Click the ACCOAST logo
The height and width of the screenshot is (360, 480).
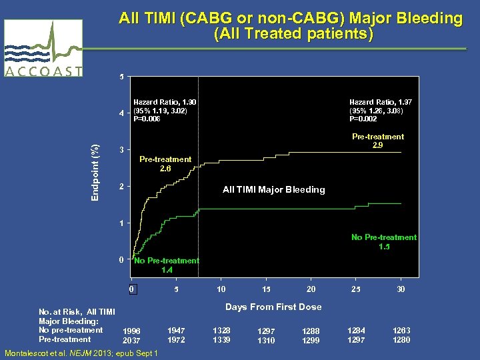click(43, 49)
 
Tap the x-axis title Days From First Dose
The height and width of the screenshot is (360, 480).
click(273, 307)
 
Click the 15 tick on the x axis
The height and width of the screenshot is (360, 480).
click(266, 289)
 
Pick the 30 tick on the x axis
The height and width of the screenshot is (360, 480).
click(401, 289)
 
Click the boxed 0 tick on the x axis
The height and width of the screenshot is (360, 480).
click(132, 289)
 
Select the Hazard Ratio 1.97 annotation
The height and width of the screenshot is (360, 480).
click(380, 110)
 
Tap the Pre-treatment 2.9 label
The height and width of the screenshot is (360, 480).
click(377, 141)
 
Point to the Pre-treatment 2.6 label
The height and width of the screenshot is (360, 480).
click(165, 164)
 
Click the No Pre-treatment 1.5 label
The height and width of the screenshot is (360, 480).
click(384, 242)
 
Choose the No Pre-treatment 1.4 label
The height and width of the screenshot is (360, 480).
click(167, 265)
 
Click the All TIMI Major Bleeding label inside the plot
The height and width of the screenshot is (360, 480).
click(273, 190)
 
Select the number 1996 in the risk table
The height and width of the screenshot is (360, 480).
click(132, 331)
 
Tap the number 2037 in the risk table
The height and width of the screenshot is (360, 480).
click(132, 341)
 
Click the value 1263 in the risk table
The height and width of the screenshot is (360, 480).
click(401, 330)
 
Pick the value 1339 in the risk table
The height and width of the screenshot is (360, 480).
click(221, 340)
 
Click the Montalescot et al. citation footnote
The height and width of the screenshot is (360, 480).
click(81, 353)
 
